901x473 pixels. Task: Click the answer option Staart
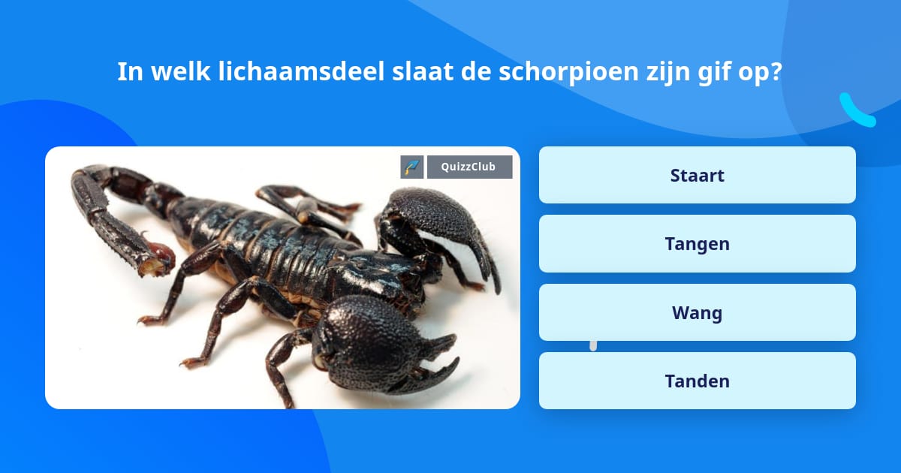point(697,175)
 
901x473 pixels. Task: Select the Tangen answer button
point(697,243)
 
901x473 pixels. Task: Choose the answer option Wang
point(697,312)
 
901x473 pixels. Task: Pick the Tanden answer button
point(697,381)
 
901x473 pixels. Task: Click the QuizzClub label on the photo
point(469,167)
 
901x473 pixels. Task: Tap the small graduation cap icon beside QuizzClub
point(412,167)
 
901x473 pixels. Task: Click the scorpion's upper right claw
point(435,225)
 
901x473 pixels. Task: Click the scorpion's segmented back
point(278,240)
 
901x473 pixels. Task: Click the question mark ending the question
point(776,72)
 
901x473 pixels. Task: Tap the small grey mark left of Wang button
point(593,345)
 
